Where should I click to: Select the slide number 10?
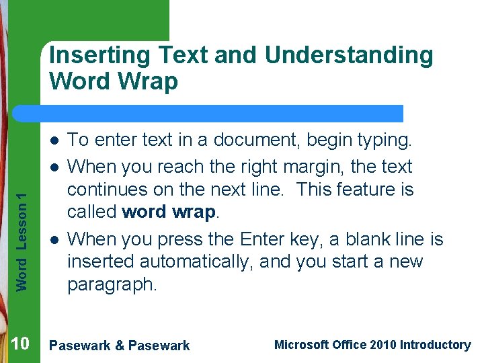20,344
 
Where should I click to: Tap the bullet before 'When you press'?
52,240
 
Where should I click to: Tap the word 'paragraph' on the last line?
112,285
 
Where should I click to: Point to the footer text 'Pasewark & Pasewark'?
120,346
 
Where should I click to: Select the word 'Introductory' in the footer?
435,345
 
